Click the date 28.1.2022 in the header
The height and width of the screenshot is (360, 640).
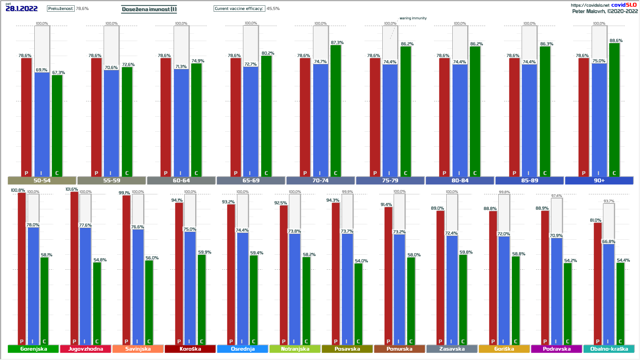point(22,9)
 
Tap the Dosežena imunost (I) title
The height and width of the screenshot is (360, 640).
point(149,9)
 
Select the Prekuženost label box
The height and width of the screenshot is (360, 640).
point(61,9)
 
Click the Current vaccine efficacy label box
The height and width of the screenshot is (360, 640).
point(239,9)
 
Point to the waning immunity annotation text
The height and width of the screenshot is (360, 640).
point(413,18)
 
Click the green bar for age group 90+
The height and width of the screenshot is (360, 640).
point(614,110)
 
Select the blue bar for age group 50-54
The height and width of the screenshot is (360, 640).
point(42,123)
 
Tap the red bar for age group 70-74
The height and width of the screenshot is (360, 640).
point(305,117)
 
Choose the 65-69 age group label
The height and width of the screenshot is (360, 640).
point(251,181)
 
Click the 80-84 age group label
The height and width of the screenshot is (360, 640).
point(460,181)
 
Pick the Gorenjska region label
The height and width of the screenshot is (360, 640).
point(33,349)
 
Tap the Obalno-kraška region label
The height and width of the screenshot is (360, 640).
point(609,349)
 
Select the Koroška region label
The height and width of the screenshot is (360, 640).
point(190,349)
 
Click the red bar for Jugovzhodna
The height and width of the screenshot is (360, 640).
point(74,267)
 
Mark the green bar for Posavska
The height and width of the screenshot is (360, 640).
point(358,303)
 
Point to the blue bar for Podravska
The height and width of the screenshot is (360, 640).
point(556,290)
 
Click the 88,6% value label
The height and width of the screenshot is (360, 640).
point(616,41)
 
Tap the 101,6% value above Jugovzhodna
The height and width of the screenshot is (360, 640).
point(72,189)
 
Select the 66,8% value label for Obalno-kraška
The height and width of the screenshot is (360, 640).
point(609,242)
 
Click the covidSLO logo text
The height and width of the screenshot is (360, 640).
point(624,5)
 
